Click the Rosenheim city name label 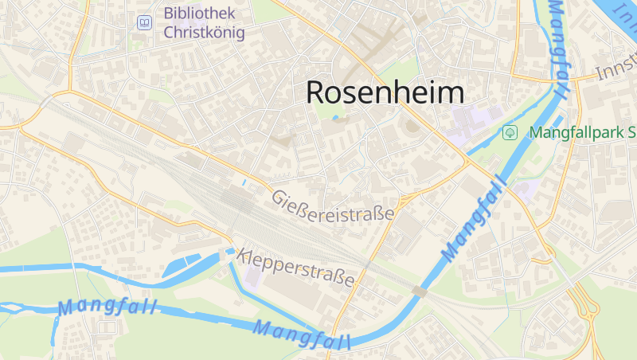[x=385, y=92]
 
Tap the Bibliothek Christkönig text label [x=204, y=22]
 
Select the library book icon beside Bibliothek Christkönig [x=144, y=22]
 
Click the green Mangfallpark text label [x=581, y=132]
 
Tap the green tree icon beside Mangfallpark [x=510, y=132]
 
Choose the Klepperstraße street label [x=296, y=268]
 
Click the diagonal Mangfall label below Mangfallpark [x=476, y=218]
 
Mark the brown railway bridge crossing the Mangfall [x=420, y=292]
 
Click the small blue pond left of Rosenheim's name [x=335, y=118]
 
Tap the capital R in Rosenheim [x=316, y=92]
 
